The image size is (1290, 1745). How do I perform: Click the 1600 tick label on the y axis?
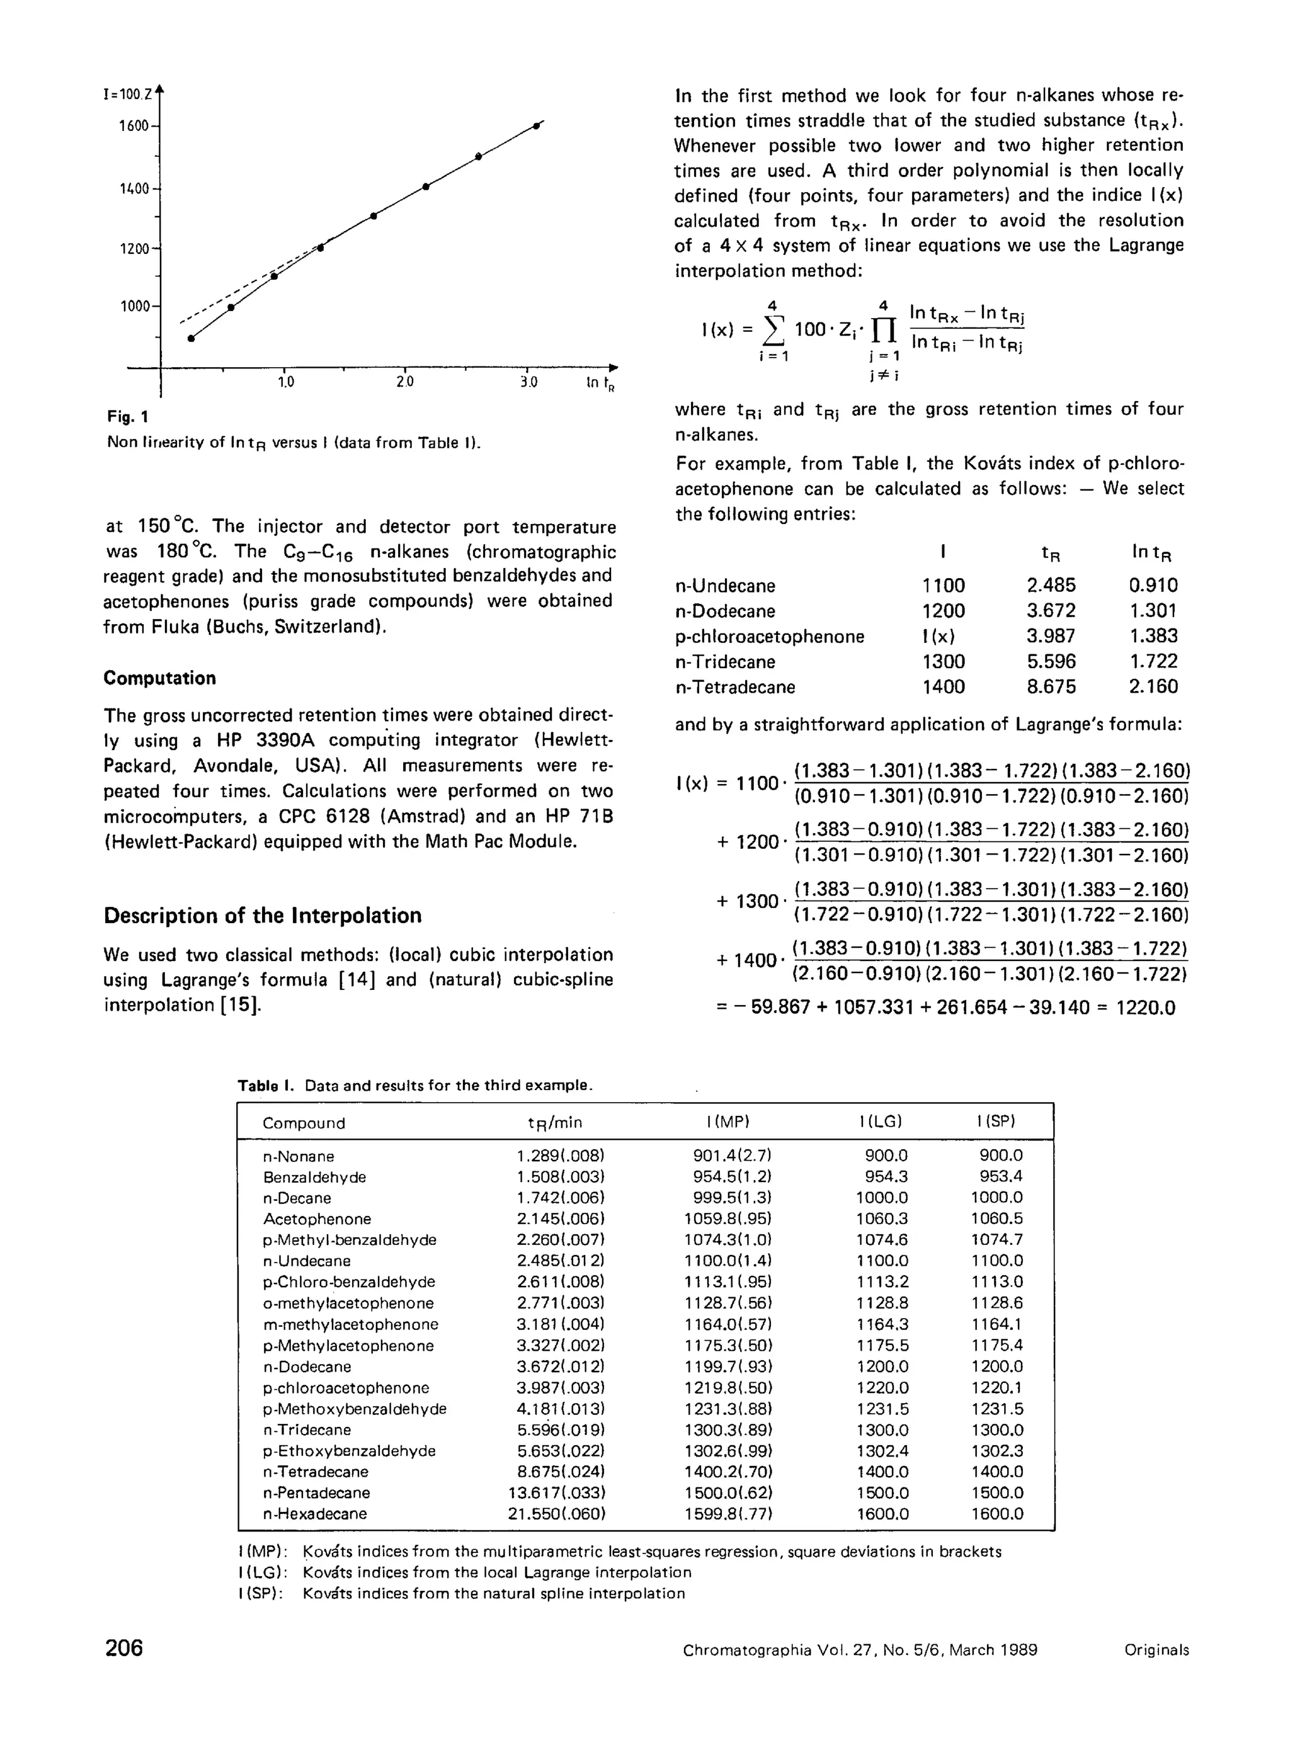[133, 126]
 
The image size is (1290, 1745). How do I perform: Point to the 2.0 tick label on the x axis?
[404, 383]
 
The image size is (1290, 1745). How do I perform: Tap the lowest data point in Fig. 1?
[190, 338]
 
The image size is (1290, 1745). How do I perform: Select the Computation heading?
[159, 678]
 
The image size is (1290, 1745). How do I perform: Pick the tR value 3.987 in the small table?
[1050, 636]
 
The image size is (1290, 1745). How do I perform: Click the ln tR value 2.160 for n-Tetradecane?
[1153, 687]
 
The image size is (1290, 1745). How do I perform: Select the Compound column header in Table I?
[304, 1123]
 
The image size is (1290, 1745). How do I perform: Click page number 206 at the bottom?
[124, 1647]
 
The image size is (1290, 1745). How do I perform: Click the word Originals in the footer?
[1156, 1651]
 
